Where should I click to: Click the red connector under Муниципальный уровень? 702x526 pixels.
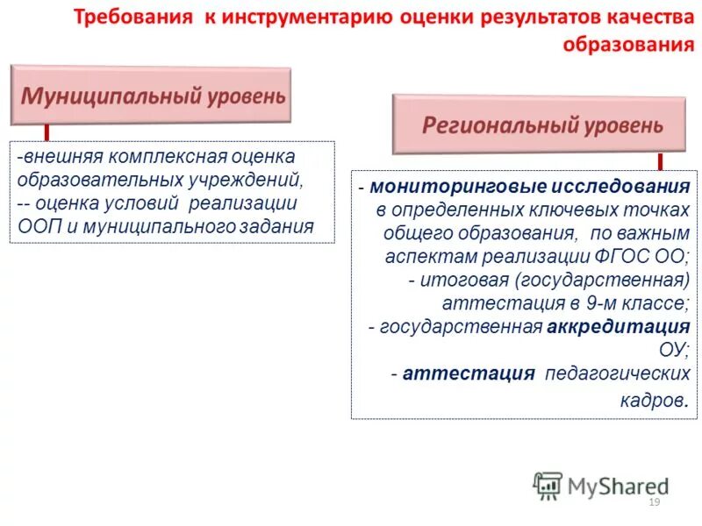click(x=46, y=133)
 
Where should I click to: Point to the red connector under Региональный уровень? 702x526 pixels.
click(x=660, y=161)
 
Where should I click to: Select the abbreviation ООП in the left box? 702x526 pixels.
click(x=38, y=226)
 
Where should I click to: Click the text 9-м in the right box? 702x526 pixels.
click(x=591, y=303)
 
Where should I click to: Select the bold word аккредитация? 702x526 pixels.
click(x=619, y=326)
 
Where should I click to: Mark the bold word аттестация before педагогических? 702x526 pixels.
click(x=469, y=373)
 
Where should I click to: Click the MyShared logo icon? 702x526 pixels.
click(x=548, y=485)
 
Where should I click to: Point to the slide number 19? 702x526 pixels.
click(x=653, y=502)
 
